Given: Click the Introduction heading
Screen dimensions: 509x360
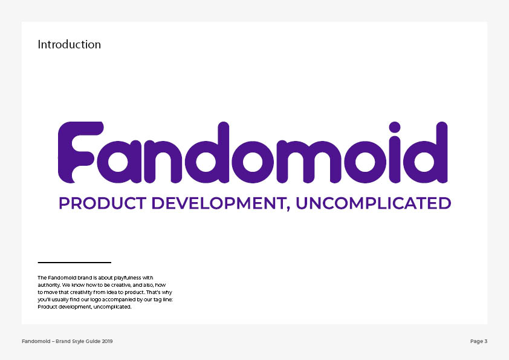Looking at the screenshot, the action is point(69,45).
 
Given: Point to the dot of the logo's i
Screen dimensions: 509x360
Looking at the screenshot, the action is point(394,127).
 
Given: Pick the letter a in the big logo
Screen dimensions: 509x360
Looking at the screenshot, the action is point(119,162).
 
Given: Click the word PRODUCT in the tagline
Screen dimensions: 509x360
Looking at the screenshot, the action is point(103,203).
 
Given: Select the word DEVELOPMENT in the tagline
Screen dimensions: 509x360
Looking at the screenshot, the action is point(219,203).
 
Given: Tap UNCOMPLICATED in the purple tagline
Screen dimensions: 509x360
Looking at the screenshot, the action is point(374,203).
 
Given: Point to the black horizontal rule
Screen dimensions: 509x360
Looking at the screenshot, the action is point(74,262).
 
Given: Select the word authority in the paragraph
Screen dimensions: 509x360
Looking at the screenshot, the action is point(49,285).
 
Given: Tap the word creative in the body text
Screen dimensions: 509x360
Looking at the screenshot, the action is point(121,285).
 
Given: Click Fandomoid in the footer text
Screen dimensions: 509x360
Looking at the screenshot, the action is point(36,341).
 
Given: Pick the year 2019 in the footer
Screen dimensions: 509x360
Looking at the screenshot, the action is point(107,341).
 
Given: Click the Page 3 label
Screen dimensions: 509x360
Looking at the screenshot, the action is point(479,341).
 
